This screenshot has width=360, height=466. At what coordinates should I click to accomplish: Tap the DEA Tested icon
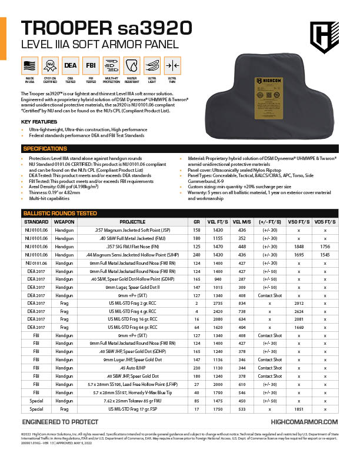70,65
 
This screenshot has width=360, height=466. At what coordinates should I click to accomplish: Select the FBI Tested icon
91,65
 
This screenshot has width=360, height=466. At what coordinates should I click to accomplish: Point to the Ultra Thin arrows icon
172,65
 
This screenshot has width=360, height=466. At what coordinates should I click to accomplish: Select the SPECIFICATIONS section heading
44,149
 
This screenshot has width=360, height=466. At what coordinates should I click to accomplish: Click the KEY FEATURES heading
39,122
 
